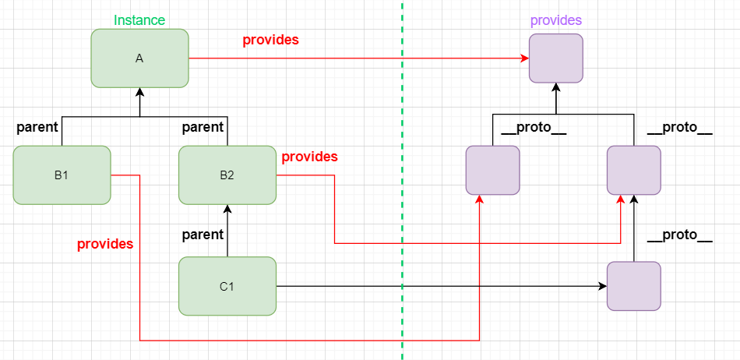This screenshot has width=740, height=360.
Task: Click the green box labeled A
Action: [139, 58]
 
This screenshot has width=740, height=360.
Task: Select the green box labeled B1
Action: [62, 175]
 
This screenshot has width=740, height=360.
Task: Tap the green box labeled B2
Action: [227, 175]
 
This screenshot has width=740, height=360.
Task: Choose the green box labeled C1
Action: [227, 286]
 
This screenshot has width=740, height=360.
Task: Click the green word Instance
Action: [139, 20]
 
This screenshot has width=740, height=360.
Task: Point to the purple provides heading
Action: [555, 20]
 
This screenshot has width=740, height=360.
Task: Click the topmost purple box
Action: [556, 58]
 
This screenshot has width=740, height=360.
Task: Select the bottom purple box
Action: [633, 287]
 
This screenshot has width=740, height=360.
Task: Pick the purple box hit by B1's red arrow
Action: [492, 169]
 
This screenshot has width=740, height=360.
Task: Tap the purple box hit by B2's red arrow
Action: [633, 169]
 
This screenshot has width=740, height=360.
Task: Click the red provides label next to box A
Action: [270, 40]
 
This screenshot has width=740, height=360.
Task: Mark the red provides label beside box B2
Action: [309, 157]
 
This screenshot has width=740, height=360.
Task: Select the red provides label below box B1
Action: [104, 244]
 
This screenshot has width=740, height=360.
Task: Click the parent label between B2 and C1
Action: [203, 234]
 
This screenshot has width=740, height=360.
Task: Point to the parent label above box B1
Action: [37, 126]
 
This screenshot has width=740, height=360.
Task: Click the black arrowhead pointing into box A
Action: [140, 92]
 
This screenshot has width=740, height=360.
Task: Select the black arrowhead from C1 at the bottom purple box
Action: [602, 287]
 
